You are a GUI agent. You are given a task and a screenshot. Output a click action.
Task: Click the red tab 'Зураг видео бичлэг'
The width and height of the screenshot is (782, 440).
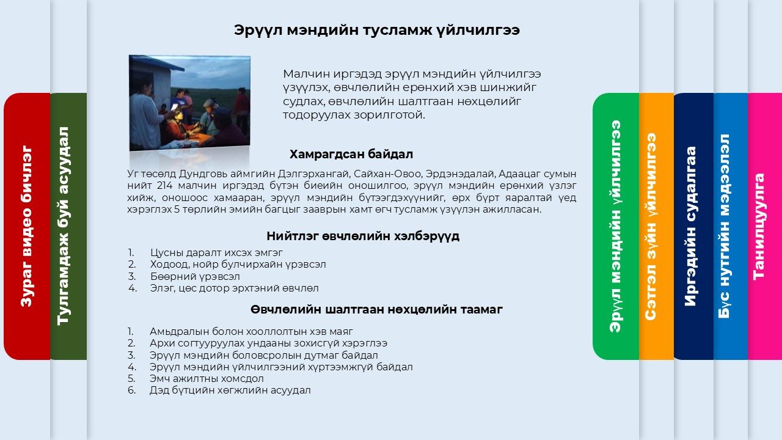point(27,226)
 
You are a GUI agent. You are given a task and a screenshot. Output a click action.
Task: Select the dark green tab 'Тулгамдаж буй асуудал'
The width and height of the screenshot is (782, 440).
point(68,226)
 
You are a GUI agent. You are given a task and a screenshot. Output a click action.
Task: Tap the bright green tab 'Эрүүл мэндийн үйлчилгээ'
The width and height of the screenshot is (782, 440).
point(616,226)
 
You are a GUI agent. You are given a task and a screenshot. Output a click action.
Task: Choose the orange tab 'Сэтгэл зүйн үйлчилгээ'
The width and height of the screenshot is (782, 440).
point(656,226)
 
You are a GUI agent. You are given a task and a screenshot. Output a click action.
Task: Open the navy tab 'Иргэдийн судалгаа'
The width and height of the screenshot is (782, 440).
point(693,226)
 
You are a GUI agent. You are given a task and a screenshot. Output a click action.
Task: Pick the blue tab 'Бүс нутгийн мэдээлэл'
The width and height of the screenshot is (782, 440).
point(731,226)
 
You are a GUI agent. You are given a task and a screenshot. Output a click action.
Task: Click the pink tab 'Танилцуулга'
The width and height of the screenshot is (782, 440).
point(765,226)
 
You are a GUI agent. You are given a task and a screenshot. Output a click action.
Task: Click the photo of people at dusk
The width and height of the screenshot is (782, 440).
point(189,103)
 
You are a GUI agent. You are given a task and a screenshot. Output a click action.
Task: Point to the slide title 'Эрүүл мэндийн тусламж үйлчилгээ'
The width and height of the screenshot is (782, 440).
point(377,31)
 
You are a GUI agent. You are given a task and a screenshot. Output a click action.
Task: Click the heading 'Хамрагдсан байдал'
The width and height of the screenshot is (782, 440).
point(351,154)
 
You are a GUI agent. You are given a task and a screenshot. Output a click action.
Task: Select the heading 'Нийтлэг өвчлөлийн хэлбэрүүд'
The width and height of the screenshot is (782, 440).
point(363,236)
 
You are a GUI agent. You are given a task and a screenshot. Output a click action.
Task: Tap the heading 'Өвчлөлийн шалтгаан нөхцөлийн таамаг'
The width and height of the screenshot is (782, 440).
point(376,309)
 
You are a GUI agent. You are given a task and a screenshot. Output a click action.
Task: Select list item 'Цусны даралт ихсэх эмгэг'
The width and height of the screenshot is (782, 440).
point(216,252)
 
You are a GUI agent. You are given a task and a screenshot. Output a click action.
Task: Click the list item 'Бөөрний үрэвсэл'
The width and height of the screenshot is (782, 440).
point(195,277)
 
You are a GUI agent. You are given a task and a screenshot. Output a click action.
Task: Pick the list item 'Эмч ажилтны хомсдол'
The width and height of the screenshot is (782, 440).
point(206,378)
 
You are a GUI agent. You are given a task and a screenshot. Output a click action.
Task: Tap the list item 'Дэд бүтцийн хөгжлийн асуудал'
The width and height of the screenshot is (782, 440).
point(230,391)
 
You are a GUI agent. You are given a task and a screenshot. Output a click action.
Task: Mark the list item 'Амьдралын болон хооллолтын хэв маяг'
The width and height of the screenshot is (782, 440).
point(251,331)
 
